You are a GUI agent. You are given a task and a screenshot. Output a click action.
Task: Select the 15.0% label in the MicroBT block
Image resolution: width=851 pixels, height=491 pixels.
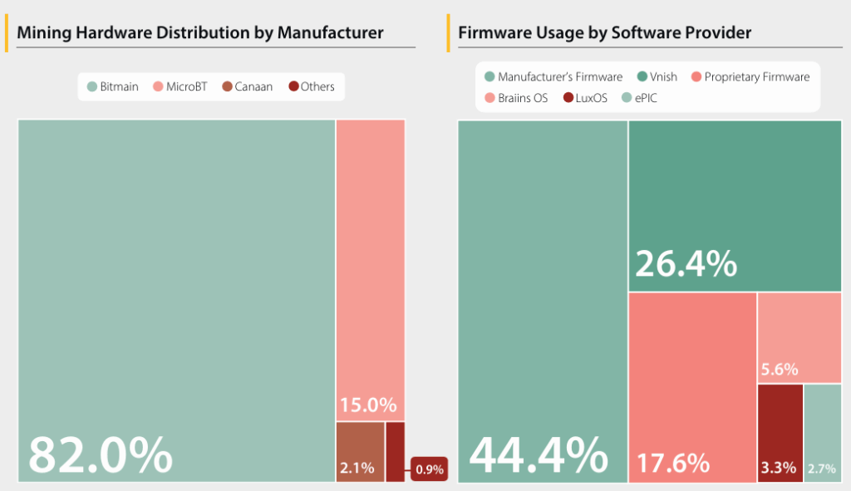tap(367, 405)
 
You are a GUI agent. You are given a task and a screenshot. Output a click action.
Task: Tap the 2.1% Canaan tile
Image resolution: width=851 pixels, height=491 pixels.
tap(360, 452)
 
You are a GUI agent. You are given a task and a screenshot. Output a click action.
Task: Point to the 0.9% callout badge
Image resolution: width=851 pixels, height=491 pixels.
tap(430, 469)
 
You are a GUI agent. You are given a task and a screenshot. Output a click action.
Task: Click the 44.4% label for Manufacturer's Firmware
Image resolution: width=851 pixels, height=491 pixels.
tap(539, 455)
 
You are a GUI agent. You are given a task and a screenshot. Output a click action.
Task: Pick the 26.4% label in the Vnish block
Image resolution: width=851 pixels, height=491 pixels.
tap(686, 263)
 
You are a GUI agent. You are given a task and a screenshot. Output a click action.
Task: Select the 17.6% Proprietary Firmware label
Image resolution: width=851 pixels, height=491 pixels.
tap(673, 461)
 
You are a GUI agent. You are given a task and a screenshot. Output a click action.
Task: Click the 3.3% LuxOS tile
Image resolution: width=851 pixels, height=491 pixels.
tap(780, 433)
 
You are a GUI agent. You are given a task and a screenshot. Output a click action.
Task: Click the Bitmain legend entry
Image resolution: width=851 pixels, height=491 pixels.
tap(113, 86)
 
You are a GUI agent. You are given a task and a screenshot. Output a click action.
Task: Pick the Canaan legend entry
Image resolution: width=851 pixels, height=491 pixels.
tap(247, 86)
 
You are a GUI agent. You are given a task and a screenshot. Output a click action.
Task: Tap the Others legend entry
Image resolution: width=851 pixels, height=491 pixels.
tap(311, 86)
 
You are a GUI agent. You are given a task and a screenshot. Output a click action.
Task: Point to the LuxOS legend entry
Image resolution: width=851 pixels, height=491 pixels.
tap(585, 97)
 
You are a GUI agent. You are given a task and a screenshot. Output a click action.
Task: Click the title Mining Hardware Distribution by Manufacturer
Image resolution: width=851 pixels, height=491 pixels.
tap(199, 33)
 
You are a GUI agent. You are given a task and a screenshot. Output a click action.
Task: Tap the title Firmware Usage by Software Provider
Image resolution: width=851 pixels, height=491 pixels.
tap(604, 33)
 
